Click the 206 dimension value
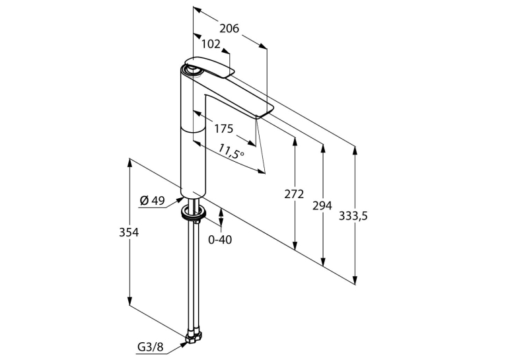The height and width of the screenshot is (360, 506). [x=229, y=28]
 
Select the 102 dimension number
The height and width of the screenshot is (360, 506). [x=211, y=44]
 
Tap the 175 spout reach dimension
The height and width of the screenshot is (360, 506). [x=224, y=129]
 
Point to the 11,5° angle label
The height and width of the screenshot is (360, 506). [x=231, y=151]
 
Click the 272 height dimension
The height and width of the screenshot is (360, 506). [x=294, y=194]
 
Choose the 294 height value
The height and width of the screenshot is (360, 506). [x=322, y=205]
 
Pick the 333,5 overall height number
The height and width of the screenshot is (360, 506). [x=353, y=216]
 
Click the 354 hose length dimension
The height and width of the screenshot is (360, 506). [x=129, y=233]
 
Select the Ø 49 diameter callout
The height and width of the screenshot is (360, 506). [x=152, y=201]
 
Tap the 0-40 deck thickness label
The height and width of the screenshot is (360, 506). [x=220, y=239]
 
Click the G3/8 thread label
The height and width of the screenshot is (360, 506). [x=151, y=347]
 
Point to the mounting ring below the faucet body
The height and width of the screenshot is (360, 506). [x=194, y=213]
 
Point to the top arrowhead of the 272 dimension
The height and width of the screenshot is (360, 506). [x=295, y=141]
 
